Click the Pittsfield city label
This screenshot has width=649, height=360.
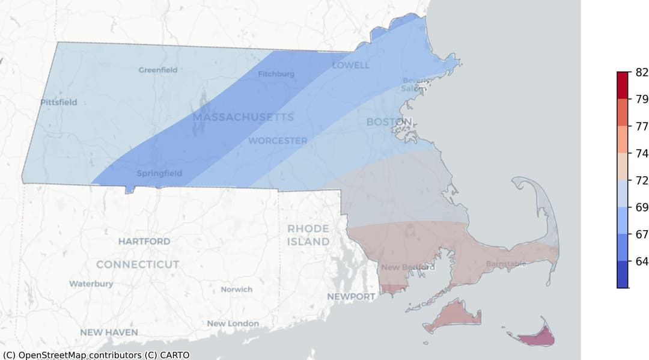(x=59, y=102)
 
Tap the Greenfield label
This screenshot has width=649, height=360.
(x=158, y=70)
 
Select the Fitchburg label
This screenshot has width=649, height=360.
(x=276, y=75)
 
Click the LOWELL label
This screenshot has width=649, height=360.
(x=351, y=65)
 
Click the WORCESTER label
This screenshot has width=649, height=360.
(x=278, y=141)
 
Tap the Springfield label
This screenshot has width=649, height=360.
(x=159, y=174)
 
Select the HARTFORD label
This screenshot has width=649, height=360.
(x=144, y=241)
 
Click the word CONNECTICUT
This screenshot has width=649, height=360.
(x=138, y=264)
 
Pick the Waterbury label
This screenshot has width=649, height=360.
(x=91, y=284)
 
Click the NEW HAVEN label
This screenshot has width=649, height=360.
(x=109, y=332)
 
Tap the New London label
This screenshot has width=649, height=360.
(x=233, y=323)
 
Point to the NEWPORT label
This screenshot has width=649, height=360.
(x=351, y=296)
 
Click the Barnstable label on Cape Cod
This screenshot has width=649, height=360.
(x=505, y=264)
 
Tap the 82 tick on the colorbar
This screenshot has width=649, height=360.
(x=641, y=72)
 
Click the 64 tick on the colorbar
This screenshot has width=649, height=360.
(x=641, y=261)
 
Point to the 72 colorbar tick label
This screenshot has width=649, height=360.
(x=641, y=180)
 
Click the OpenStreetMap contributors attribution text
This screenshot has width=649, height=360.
(x=96, y=355)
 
